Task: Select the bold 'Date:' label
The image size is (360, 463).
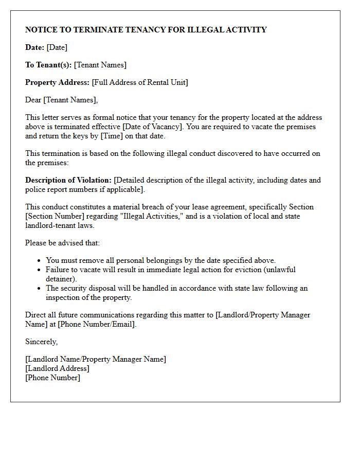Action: pos(34,47)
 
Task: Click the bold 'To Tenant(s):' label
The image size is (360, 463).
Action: pos(48,65)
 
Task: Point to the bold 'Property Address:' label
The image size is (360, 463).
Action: pos(57,82)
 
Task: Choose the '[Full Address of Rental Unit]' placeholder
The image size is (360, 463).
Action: pos(140,82)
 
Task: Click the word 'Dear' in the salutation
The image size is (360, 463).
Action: pos(33,100)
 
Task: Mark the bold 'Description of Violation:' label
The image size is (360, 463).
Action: pos(68,180)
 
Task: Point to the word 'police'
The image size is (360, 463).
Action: pos(37,189)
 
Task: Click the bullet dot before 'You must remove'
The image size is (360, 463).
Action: pos(40,261)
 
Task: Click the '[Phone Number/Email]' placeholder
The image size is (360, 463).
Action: pos(97,324)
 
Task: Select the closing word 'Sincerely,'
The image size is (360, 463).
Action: pos(41,342)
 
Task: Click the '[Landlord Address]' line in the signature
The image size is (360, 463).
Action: pos(57,368)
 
